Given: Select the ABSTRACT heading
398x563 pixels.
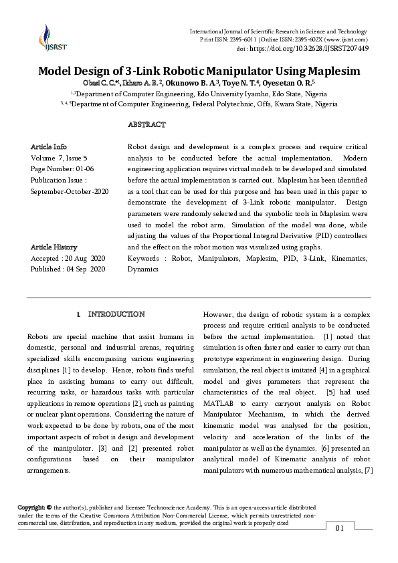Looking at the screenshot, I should [x=146, y=125].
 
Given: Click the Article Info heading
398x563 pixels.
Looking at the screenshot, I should [x=49, y=146].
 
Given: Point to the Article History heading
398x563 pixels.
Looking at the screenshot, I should [x=54, y=247].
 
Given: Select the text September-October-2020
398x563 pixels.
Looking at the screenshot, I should [x=70, y=191].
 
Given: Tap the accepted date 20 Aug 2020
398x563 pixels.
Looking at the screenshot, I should [x=83, y=258].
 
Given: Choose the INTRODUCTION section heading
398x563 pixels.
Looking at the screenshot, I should [x=116, y=314].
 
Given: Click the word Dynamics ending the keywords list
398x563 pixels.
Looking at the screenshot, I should [x=142, y=269].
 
